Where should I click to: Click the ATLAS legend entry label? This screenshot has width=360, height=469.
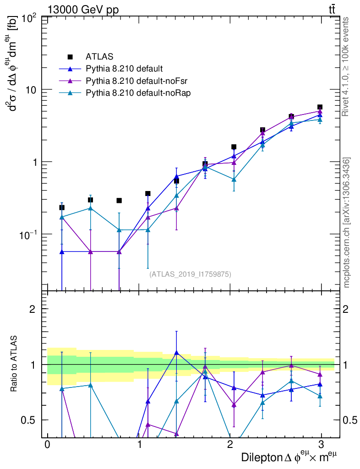(97, 57)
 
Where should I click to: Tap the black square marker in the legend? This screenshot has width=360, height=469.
(70, 57)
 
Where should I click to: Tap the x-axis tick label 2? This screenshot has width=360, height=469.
(229, 445)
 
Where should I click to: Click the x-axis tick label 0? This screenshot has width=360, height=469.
(47, 445)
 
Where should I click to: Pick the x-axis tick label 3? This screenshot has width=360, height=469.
(321, 445)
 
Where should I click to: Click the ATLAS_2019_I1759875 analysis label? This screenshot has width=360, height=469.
(190, 274)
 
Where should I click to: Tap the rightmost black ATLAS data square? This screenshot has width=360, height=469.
(320, 107)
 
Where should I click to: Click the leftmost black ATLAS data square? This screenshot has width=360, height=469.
(62, 207)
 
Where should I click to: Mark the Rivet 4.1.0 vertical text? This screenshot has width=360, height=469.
(346, 66)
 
